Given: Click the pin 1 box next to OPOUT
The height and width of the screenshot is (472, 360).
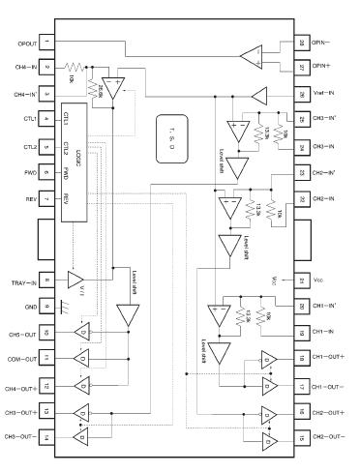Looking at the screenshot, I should point(45,44).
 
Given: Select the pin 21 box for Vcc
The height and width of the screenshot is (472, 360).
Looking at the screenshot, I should point(302,280).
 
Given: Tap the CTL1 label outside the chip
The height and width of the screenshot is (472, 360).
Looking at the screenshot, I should point(23,121).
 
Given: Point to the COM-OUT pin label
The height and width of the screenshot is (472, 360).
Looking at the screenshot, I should point(20,358).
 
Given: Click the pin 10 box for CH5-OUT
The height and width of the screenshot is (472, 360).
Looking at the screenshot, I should point(45,332).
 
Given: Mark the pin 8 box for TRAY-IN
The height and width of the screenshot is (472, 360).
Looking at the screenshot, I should point(45,280).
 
